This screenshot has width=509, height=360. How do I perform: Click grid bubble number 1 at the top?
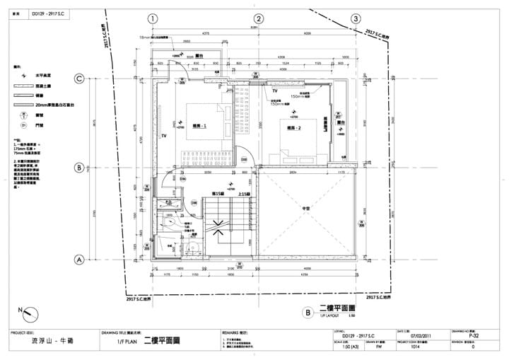[154, 18]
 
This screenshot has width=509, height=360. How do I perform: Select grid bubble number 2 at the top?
[259, 18]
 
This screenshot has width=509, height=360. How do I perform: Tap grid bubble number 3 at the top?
[355, 18]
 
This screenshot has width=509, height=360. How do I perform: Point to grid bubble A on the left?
[80, 260]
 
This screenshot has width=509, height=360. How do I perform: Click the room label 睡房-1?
[199, 126]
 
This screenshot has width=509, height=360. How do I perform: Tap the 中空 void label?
[306, 209]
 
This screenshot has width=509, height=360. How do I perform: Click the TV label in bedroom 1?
[163, 134]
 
